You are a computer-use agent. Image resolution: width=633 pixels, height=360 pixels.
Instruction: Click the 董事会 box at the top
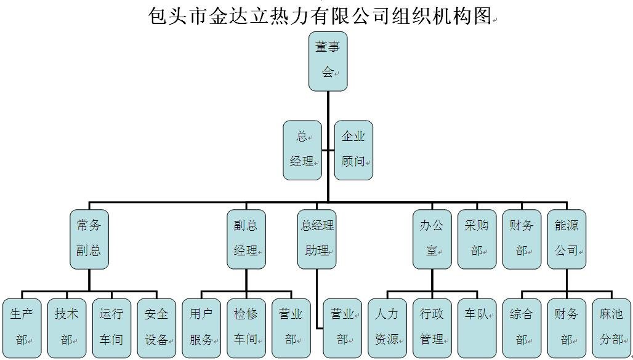328,61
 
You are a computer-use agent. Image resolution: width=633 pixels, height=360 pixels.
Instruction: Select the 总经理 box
302,150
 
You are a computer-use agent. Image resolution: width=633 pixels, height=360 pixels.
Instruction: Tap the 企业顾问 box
353,150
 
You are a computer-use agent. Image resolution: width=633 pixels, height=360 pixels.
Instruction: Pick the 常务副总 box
89,239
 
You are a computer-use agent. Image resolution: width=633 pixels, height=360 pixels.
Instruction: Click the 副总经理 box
246,239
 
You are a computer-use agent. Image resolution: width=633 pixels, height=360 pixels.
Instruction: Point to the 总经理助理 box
317,239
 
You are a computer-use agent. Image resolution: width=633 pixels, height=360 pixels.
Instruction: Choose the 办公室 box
432,239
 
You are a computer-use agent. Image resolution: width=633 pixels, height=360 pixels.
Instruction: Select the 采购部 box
477,239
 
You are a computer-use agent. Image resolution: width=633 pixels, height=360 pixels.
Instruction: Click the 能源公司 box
566,239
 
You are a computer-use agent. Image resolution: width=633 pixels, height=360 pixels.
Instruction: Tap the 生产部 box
22,327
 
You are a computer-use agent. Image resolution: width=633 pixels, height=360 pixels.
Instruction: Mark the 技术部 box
67,327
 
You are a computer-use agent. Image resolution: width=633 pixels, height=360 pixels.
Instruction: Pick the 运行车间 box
111,327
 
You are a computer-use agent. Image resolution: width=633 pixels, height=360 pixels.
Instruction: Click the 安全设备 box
156,327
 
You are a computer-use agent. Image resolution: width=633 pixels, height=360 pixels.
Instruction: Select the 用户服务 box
201,327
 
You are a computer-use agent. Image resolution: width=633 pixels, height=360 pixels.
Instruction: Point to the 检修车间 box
246,327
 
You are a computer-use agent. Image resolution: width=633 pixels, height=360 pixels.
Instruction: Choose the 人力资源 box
387,327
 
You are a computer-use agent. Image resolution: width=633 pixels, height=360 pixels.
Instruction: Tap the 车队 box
477,327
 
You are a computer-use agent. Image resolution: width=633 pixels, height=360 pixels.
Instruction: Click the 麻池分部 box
611,327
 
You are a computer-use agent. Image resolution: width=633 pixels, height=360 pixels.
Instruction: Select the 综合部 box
522,327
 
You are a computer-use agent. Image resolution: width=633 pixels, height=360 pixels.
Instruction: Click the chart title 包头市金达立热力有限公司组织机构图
320,15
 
